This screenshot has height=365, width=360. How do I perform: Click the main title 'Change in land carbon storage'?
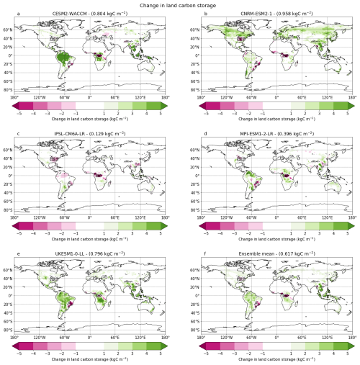(x=180, y=5)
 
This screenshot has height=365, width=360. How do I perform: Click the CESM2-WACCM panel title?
(x=89, y=14)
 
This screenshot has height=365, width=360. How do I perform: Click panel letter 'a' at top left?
(x=15, y=14)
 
